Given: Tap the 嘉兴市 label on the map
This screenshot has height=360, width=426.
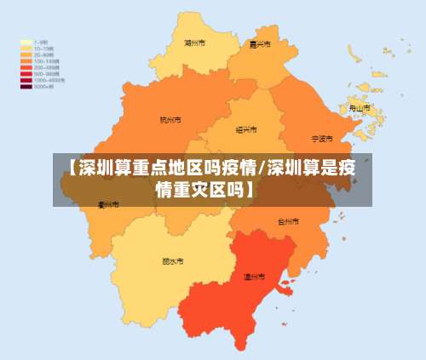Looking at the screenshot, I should (260, 44).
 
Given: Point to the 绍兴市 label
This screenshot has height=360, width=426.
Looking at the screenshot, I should (245, 130).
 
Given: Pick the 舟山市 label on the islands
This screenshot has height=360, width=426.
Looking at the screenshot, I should (360, 109).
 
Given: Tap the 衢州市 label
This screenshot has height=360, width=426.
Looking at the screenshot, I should (108, 205).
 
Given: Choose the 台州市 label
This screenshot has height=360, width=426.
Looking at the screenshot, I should (289, 221).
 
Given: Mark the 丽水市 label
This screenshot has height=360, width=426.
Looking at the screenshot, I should (173, 261).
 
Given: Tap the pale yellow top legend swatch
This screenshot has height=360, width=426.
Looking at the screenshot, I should (26, 41).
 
